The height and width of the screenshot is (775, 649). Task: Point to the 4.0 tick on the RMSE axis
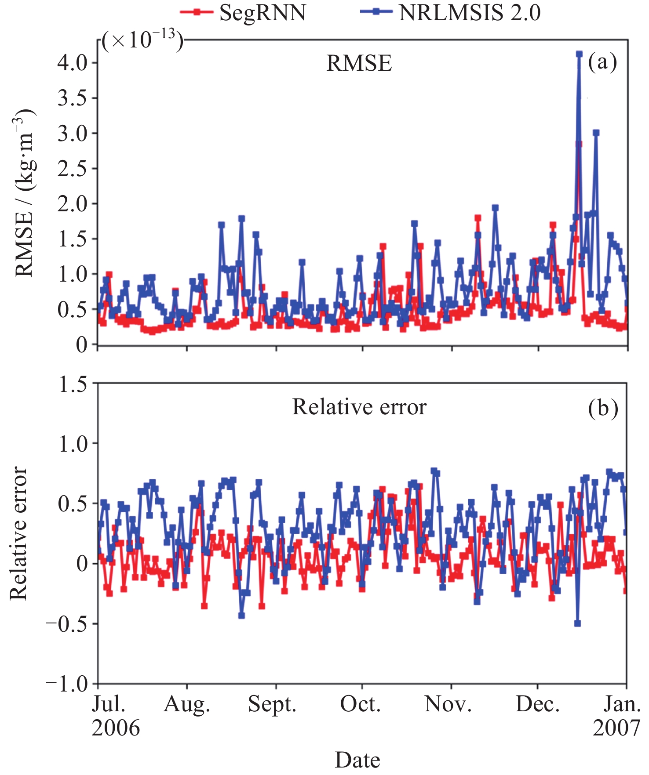tap(73, 62)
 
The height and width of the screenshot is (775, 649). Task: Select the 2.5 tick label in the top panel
tap(73, 169)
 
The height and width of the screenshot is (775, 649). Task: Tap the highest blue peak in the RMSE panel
tap(579, 54)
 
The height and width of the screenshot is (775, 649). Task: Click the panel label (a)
tap(602, 62)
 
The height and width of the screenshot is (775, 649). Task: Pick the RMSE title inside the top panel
tap(359, 64)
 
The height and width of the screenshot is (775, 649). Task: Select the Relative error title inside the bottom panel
tap(359, 407)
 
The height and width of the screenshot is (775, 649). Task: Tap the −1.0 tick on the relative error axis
tap(67, 684)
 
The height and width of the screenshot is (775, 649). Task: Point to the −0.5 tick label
tap(67, 624)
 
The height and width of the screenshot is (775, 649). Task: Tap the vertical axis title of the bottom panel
tap(18, 533)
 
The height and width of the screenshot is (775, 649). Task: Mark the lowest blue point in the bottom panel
tap(577, 623)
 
